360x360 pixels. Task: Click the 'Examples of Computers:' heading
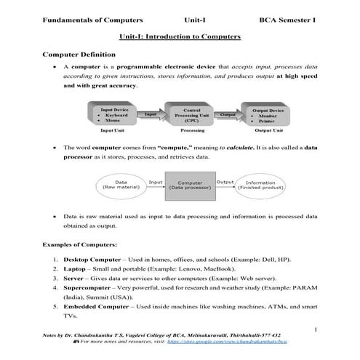point(80,245)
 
